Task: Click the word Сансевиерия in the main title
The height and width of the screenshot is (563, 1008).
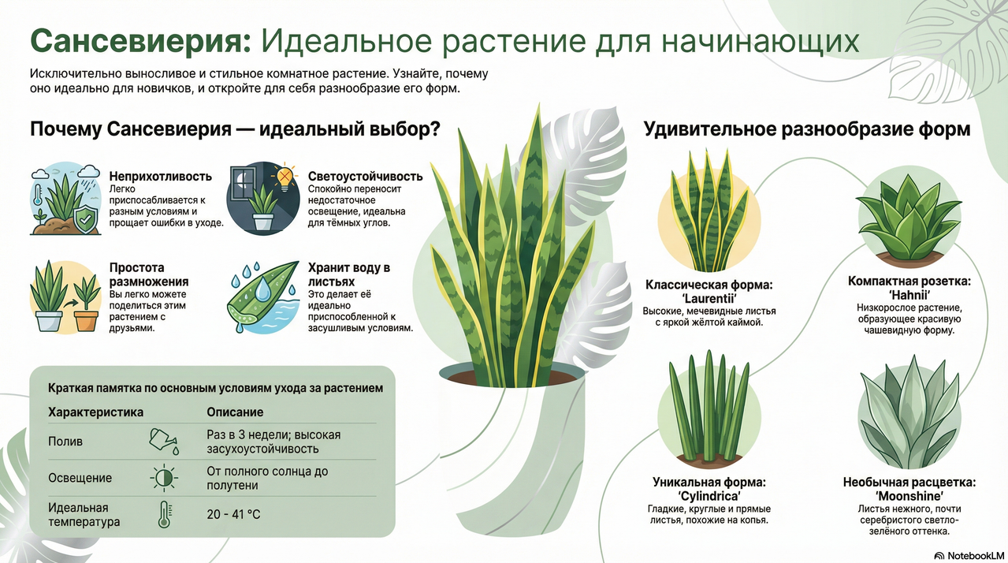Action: (x=140, y=42)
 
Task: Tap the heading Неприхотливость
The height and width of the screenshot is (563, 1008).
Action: (x=161, y=176)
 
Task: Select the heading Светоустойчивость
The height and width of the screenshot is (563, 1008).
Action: (x=366, y=176)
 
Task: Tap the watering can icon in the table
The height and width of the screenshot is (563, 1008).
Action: (x=164, y=442)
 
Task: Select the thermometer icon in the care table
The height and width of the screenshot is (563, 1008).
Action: (x=164, y=514)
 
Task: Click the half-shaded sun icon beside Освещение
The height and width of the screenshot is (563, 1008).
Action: (x=164, y=478)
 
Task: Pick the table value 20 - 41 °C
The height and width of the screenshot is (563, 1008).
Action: (x=233, y=514)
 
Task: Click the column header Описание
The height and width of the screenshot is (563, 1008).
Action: (x=235, y=412)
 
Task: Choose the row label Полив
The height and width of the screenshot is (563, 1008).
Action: (x=65, y=442)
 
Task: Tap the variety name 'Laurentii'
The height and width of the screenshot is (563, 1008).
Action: (x=709, y=299)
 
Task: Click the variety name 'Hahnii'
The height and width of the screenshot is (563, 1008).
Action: (x=909, y=295)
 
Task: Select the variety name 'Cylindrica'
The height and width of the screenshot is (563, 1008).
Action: (x=709, y=496)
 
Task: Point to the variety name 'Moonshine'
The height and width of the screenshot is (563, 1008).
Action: (x=909, y=496)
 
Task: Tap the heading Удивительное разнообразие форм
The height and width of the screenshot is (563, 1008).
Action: (x=807, y=129)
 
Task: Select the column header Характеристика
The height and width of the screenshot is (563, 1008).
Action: (x=96, y=412)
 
